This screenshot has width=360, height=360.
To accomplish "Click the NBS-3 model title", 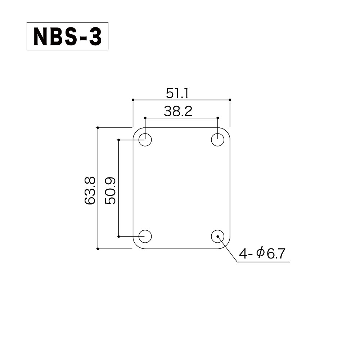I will click(67, 36).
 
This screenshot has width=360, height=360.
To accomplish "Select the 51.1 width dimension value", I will click(177, 93).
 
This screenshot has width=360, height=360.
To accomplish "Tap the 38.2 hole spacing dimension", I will click(178, 112).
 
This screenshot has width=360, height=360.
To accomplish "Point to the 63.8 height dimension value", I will click(90, 190).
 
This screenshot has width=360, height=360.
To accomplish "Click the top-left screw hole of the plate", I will click(145, 140).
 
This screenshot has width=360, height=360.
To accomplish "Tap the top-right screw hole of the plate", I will click(217, 140).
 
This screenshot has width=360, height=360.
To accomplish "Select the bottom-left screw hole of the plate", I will click(145, 237).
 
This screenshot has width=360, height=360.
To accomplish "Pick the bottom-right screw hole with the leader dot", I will click(217, 237).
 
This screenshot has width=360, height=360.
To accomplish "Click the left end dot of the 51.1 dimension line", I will click(133, 99).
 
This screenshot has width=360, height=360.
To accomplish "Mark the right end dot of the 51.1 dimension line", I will click(230, 99).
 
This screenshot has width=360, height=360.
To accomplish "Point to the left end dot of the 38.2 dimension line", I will click(145, 118).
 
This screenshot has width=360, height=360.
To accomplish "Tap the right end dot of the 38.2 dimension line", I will click(217, 118).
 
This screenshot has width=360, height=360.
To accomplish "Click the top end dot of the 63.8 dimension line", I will click(98, 127).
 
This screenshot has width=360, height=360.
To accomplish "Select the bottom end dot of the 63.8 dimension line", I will click(98, 249).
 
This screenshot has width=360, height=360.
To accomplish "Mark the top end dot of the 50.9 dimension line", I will click(118, 140).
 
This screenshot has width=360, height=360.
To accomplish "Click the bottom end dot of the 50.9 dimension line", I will click(118, 237).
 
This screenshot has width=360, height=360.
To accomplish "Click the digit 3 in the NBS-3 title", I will click(95, 36).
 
